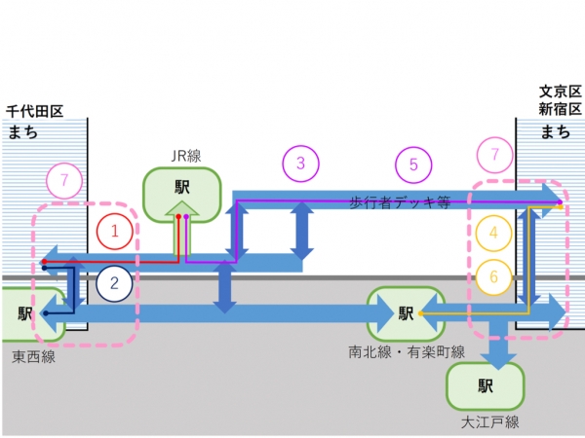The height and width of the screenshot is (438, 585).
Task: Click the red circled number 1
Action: (x=115, y=232)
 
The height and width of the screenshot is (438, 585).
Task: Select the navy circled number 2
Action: (x=115, y=284)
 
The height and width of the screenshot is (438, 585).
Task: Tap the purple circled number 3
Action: (x=300, y=163)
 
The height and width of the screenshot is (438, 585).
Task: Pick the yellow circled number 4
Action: (x=493, y=233)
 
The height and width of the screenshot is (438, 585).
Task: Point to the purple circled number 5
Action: (x=413, y=164)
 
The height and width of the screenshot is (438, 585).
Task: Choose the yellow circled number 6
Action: (x=493, y=277)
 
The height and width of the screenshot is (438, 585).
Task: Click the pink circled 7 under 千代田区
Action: (x=64, y=180)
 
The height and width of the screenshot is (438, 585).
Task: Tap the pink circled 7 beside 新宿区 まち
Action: (x=496, y=155)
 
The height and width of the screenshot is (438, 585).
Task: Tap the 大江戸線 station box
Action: (x=484, y=386)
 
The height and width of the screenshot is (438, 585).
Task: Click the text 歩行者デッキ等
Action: (x=400, y=202)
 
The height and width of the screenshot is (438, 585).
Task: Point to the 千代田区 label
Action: (x=34, y=112)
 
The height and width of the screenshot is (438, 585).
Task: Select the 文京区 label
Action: (x=561, y=91)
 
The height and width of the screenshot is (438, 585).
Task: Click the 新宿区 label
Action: (x=561, y=110)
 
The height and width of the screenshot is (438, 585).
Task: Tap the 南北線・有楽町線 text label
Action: (x=407, y=350)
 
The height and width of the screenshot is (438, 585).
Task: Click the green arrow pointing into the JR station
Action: (x=181, y=231)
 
